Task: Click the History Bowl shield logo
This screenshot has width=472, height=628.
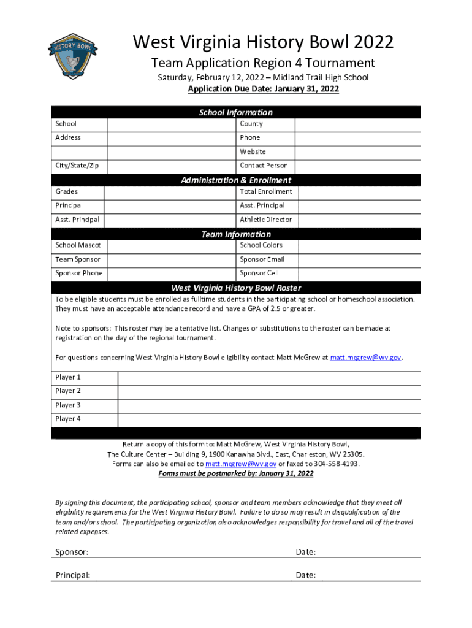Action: coord(73,56)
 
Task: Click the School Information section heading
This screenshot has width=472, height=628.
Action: coord(235,112)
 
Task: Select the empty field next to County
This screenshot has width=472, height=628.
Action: coord(357,124)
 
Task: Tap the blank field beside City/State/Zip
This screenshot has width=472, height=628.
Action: coord(172,166)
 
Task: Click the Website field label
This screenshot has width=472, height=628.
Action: coord(253,151)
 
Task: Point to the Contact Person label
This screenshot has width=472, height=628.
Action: coord(264,166)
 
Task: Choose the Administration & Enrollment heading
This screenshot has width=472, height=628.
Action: coord(235,180)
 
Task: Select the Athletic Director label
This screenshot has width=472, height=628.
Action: coord(265,220)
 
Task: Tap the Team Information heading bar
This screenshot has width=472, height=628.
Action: coord(235,234)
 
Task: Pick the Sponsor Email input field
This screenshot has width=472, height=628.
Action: coord(357,259)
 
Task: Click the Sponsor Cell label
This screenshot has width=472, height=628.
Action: coord(259,274)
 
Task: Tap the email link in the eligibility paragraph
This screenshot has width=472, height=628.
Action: coord(366,357)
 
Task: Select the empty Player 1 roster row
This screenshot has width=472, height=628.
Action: coord(268,377)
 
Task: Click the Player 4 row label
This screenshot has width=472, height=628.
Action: coord(68,419)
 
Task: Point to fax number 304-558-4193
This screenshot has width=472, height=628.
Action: coord(337,464)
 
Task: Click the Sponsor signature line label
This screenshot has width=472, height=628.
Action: coord(72,552)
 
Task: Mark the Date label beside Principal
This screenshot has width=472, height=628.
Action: coord(305,575)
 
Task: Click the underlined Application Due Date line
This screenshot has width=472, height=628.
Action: coord(263,90)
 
